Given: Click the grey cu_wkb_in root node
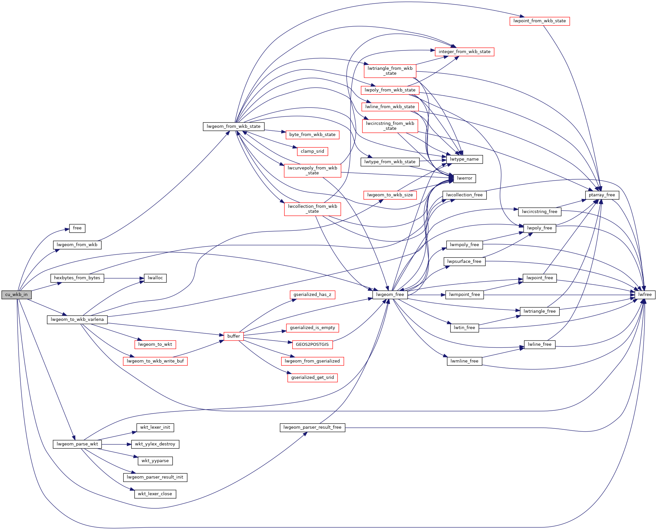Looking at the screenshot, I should [x=16, y=295].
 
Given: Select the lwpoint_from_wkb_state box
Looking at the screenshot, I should [x=539, y=21].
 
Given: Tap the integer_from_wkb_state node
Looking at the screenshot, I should [x=464, y=52].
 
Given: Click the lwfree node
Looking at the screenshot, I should [x=645, y=295].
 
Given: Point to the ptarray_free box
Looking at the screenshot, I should [x=602, y=195].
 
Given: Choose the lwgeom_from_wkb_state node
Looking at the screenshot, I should [x=233, y=127].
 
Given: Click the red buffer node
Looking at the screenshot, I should [x=233, y=336].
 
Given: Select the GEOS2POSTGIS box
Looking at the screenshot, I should [x=312, y=344].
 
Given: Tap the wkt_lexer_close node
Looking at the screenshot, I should [x=155, y=494].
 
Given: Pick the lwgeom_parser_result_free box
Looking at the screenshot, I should [x=312, y=427].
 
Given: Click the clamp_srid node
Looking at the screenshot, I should [x=312, y=151].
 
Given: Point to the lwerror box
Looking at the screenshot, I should [x=464, y=178].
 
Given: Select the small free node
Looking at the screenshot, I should [x=77, y=228].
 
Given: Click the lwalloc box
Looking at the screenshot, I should [x=155, y=278].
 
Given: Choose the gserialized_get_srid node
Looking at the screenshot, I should [x=312, y=378].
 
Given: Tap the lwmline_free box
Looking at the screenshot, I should [x=464, y=361].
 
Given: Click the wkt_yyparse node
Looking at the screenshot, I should [x=155, y=461].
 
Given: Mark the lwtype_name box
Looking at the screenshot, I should [x=464, y=159].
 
